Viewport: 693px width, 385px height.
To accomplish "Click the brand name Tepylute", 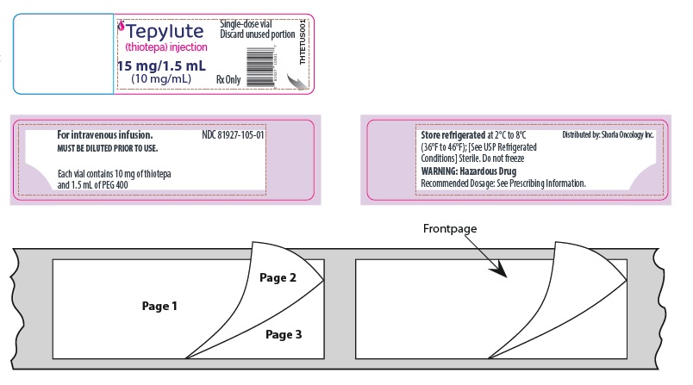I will click(165, 33).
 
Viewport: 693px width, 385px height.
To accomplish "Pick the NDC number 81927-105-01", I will click(233, 135).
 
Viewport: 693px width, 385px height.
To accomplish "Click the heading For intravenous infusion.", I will click(104, 135).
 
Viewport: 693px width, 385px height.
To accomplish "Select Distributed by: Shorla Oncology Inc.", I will click(608, 135).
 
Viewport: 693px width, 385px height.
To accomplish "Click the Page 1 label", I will click(159, 305).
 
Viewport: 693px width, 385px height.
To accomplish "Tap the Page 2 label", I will click(277, 277).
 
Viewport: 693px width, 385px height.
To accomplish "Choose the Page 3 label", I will click(283, 334).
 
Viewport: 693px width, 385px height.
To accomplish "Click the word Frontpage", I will click(449, 229).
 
